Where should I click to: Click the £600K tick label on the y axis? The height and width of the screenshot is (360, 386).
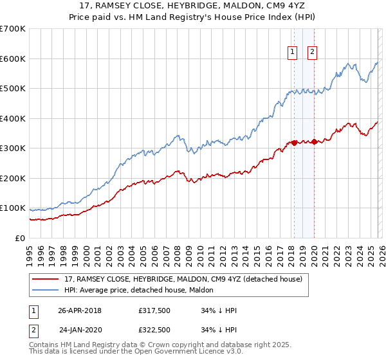[x=13, y=59]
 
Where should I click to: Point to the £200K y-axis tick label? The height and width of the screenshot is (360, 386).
[x=13, y=178]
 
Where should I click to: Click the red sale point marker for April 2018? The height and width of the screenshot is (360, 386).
[x=294, y=143]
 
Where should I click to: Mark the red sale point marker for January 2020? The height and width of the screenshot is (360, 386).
[x=314, y=141]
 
